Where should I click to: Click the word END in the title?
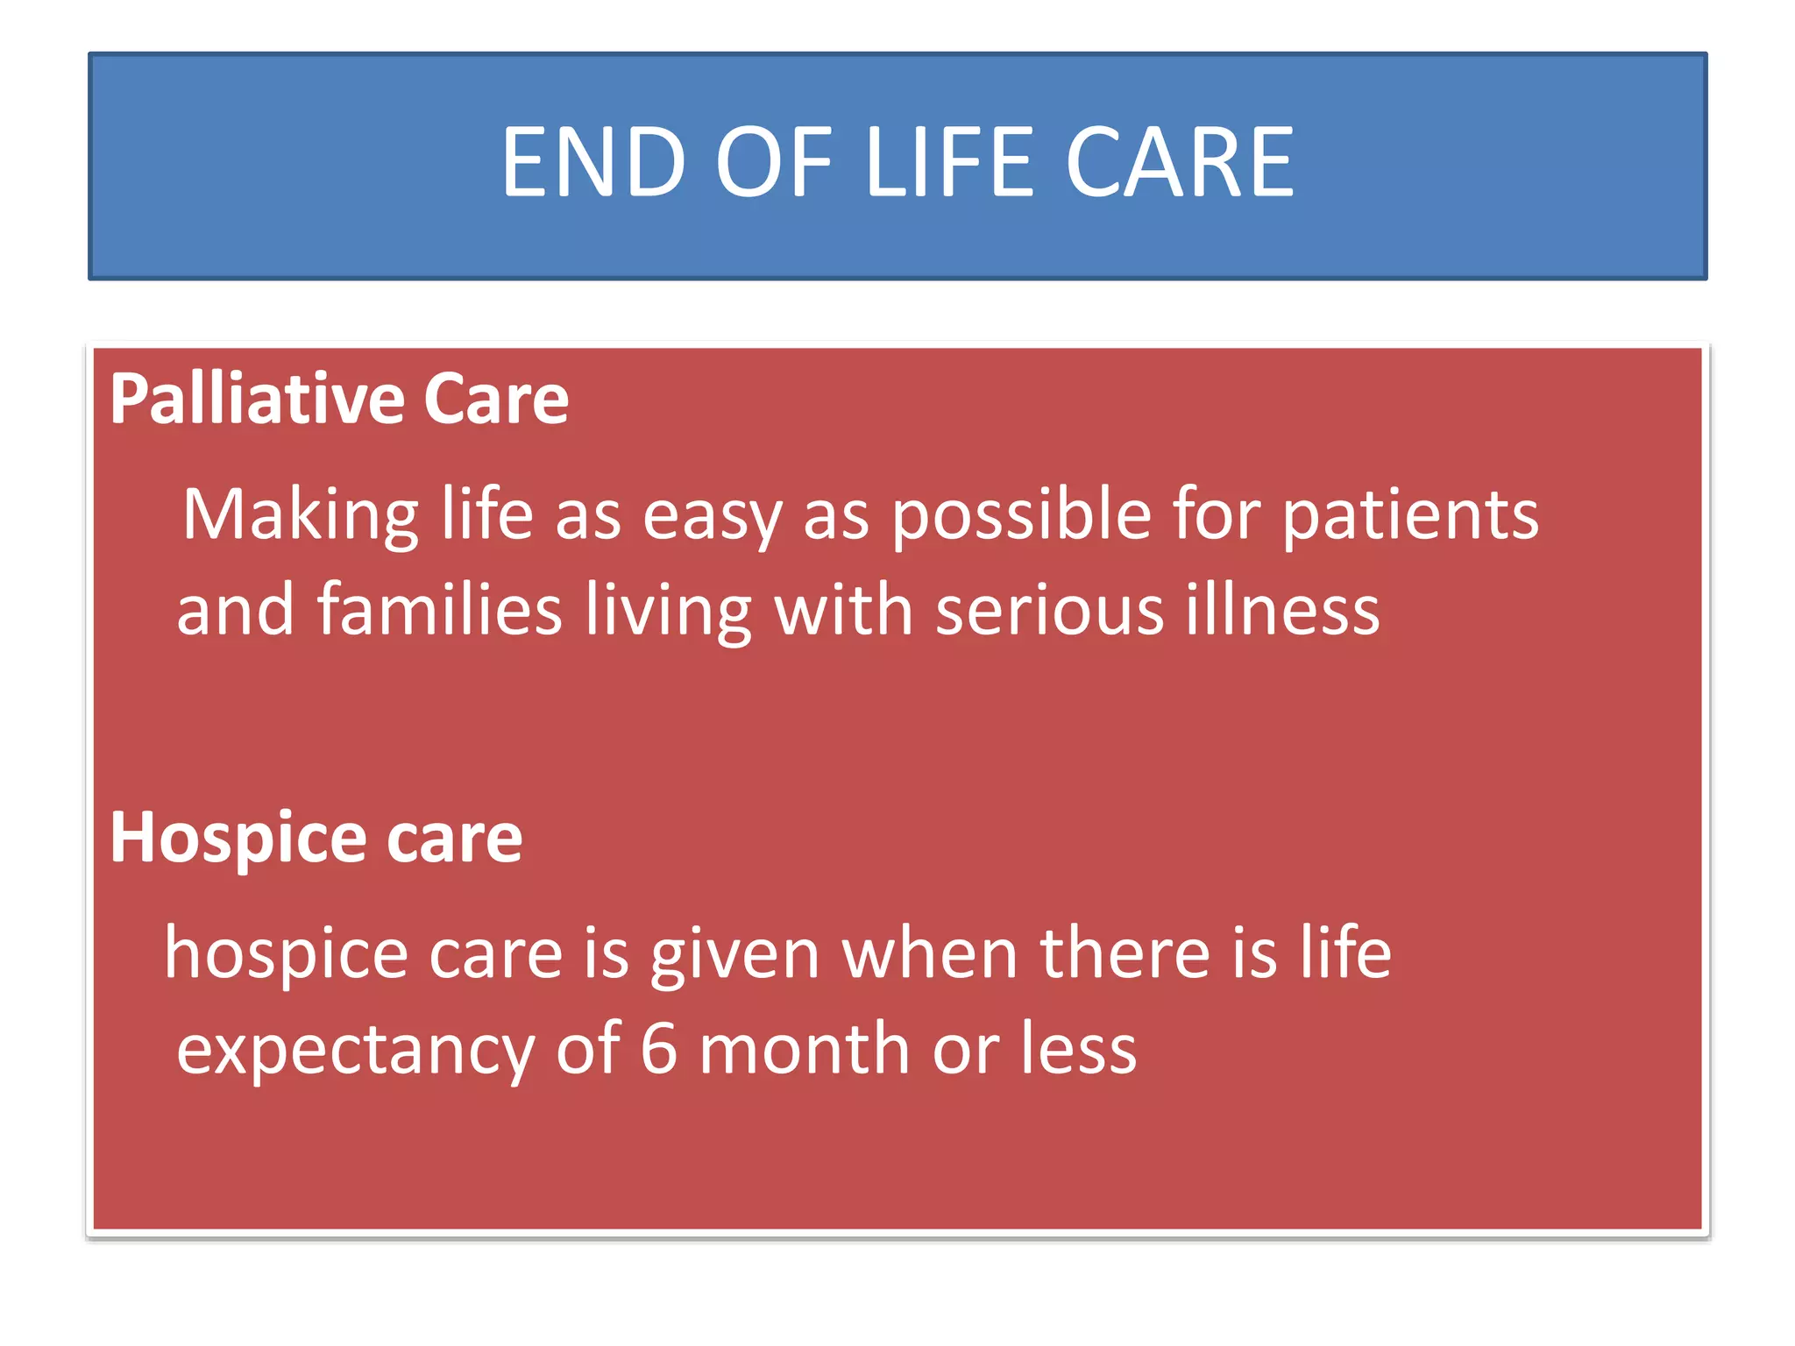592,163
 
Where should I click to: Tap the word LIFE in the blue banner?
950,163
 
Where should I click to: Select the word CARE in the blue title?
1179,163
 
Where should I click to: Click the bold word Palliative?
256,400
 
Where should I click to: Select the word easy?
712,517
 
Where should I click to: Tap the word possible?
1021,515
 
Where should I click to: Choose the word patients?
1410,515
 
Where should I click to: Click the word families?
439,610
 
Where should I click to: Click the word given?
734,955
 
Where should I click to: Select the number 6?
659,1049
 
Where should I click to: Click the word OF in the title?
774,163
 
